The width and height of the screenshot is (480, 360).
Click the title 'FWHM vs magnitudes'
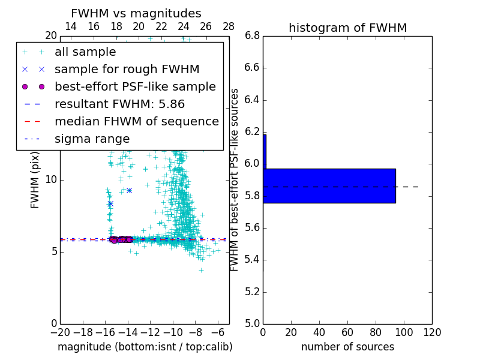click(x=136, y=13)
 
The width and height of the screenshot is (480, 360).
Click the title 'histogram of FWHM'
click(x=347, y=28)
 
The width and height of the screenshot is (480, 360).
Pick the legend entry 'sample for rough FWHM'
click(x=127, y=69)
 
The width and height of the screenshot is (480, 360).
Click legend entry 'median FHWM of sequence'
click(x=136, y=121)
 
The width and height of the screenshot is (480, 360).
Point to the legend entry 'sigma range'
click(x=92, y=139)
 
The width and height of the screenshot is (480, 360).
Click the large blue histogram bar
click(x=330, y=185)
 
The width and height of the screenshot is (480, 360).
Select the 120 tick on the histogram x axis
click(x=432, y=332)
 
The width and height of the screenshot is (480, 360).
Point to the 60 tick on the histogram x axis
click(x=347, y=332)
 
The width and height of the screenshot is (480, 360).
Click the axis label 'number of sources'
click(x=347, y=347)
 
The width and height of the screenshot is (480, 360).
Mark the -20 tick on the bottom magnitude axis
click(x=60, y=332)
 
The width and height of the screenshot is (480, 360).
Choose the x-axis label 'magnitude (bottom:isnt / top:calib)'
click(x=145, y=347)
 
